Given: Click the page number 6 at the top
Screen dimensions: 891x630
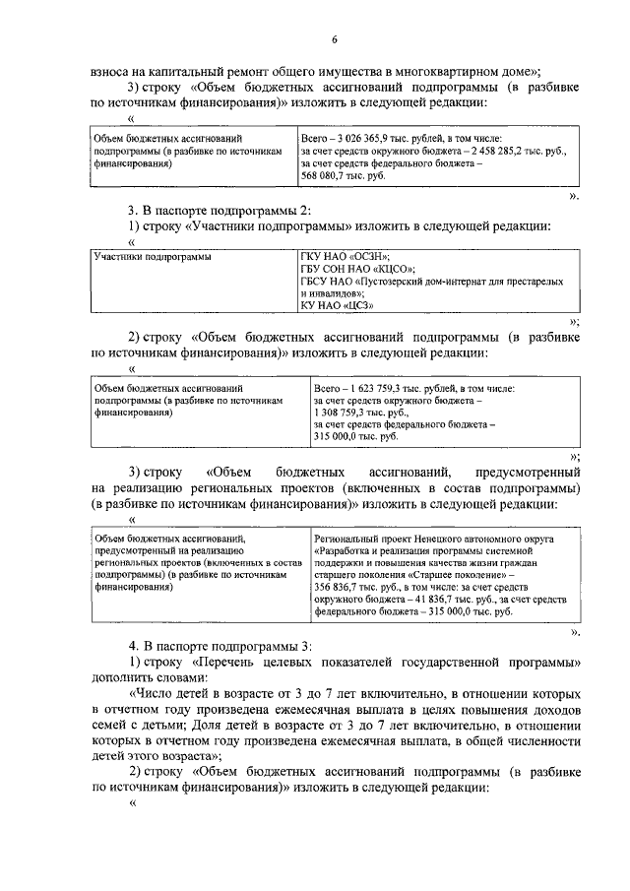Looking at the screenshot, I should coord(334,39).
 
